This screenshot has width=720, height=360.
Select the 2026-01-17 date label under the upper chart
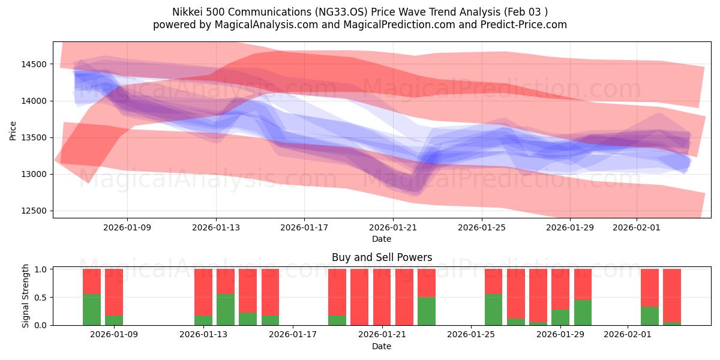tap(304, 227)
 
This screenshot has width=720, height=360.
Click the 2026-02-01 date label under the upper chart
tap(636, 227)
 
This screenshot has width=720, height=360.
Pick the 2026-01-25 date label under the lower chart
tap(471, 335)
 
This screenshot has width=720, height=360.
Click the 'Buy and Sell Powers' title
tap(382, 257)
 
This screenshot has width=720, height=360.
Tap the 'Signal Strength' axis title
tap(25, 296)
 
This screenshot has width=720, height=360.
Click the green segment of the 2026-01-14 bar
tap(226, 310)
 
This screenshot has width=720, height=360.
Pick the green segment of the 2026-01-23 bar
tap(427, 311)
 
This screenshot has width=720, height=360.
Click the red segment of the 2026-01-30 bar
tap(583, 284)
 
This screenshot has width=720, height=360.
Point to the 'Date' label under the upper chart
tap(381, 239)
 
